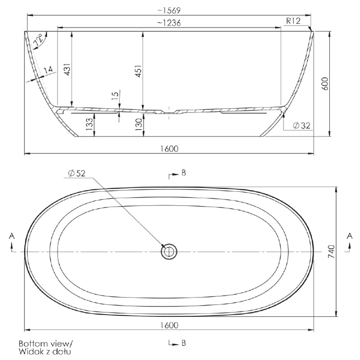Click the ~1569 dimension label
coord(169,10)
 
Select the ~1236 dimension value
coord(169,23)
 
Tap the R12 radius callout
coord(293,21)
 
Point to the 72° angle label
coord(38,40)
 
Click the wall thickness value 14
coord(48,70)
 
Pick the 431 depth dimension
coord(67,69)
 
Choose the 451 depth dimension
coord(139,71)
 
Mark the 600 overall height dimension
coord(325,84)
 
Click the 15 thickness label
coord(115,95)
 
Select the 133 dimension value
coord(90,124)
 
